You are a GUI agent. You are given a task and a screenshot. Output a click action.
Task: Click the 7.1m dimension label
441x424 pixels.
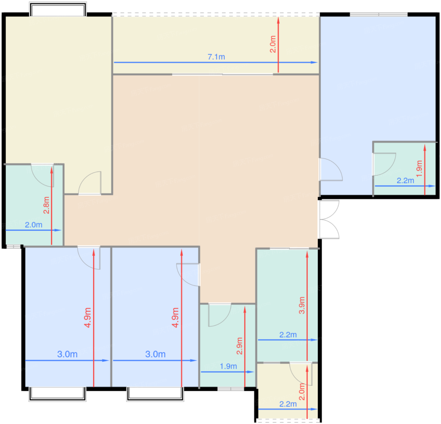click(x=216, y=57)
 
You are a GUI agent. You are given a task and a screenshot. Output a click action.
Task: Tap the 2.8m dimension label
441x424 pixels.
click(x=46, y=205)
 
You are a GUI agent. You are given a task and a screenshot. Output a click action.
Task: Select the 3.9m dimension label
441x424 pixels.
click(x=302, y=305)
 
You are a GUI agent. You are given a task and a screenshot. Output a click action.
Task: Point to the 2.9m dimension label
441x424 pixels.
click(x=239, y=346)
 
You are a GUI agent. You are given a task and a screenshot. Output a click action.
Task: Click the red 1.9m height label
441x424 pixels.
click(x=419, y=169)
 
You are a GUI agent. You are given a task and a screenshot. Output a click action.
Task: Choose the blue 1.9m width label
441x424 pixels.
click(x=228, y=366)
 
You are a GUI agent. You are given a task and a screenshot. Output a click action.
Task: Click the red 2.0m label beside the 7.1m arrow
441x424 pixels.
click(x=273, y=44)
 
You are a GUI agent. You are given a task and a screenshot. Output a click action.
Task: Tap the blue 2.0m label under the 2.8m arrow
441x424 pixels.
click(x=33, y=225)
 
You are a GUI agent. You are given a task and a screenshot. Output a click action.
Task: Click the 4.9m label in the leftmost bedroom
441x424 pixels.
click(x=88, y=318)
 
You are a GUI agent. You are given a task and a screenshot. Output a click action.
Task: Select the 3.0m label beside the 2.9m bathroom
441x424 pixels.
click(x=155, y=354)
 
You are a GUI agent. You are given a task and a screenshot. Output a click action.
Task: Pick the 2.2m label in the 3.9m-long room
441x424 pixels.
click(x=288, y=335)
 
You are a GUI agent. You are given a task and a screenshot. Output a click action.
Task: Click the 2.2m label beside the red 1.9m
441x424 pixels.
click(x=405, y=181)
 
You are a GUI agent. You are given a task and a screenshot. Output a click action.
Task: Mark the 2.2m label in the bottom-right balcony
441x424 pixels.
click(x=288, y=404)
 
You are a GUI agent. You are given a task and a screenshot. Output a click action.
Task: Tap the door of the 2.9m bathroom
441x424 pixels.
click(x=220, y=315)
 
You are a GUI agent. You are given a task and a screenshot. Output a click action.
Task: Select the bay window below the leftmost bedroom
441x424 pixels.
click(x=57, y=394)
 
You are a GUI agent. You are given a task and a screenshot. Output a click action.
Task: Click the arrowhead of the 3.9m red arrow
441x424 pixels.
click(x=307, y=255)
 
